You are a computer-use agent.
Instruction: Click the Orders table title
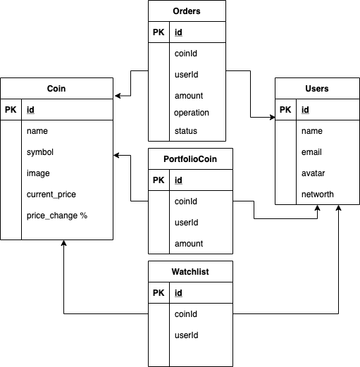coord(187,11)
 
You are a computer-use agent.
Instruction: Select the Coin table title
coord(56,89)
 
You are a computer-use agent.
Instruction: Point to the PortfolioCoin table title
coord(190,159)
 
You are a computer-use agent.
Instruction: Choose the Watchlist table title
coord(190,271)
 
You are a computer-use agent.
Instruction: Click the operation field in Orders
coord(191,113)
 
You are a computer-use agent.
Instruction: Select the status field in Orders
coord(185,131)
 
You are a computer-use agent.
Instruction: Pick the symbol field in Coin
coord(40,152)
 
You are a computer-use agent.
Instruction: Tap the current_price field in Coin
coord(51,194)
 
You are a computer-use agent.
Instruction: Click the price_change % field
coord(57,216)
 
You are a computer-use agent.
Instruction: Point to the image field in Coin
coord(38,173)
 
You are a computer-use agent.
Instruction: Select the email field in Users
coord(311,152)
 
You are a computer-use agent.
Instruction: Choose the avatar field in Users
coord(313,173)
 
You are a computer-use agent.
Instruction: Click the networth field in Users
coord(318,194)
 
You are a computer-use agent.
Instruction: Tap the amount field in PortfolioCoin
coord(188,244)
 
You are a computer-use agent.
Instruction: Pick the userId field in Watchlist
coord(186,335)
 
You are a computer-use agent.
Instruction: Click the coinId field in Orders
coord(186,54)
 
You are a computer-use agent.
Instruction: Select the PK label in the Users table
coord(285,110)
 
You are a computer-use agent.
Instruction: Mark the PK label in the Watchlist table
coord(159,293)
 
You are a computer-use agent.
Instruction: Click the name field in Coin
coord(37,131)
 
